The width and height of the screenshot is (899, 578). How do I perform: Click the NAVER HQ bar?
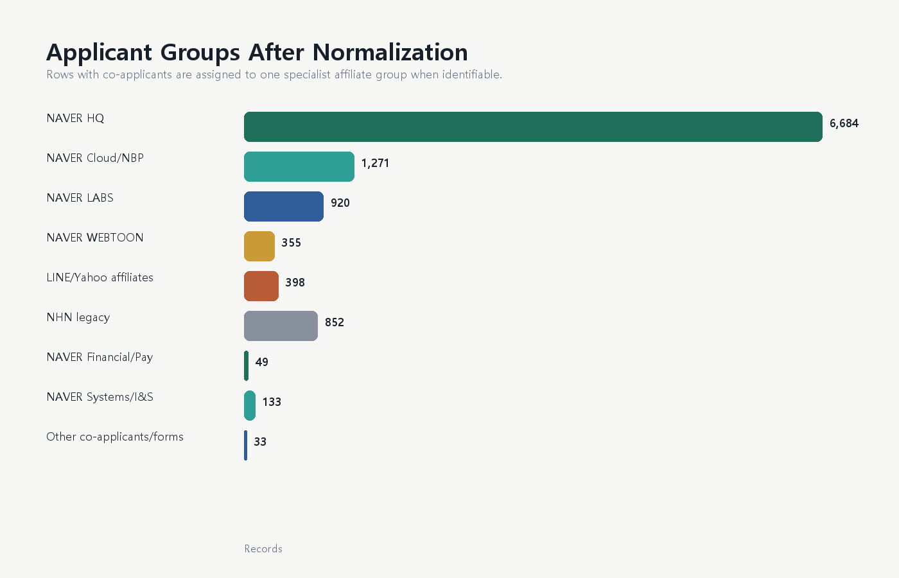click(x=533, y=127)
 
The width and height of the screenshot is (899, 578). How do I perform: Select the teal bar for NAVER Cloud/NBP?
click(x=299, y=166)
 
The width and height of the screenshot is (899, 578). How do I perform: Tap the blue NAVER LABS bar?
click(x=284, y=206)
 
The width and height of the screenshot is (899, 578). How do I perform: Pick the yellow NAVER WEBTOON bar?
click(x=259, y=246)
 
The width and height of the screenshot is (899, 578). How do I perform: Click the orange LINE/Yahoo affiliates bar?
click(x=261, y=286)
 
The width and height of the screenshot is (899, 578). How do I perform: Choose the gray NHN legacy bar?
click(x=281, y=326)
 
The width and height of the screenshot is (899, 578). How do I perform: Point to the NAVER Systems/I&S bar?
click(x=250, y=405)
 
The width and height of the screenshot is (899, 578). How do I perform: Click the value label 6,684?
click(x=844, y=123)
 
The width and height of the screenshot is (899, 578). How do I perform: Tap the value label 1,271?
click(x=375, y=163)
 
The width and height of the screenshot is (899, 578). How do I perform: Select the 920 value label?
click(x=340, y=203)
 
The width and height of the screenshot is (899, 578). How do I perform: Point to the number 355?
click(x=292, y=243)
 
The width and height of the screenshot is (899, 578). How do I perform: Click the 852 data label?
click(x=335, y=322)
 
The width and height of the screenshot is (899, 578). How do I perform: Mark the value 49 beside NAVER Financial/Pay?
click(x=262, y=362)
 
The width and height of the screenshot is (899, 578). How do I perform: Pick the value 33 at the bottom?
click(x=260, y=442)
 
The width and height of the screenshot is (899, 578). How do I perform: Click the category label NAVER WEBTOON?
click(x=95, y=238)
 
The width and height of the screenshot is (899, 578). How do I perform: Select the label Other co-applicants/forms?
click(x=115, y=437)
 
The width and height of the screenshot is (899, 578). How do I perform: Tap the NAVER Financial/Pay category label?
click(x=100, y=357)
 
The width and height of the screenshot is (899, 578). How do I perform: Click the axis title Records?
click(x=263, y=548)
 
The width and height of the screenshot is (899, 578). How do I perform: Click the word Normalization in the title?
click(x=390, y=52)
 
